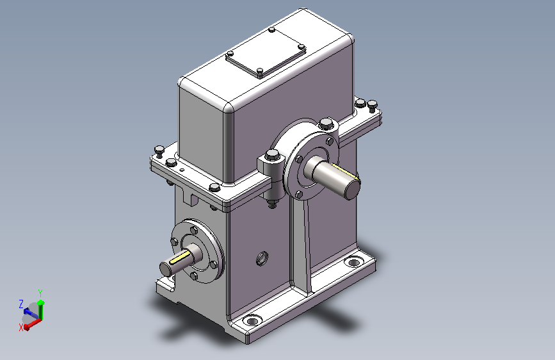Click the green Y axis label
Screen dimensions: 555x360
coord(40,293)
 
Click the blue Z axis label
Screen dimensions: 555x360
coord(21,304)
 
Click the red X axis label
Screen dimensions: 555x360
coord(21,328)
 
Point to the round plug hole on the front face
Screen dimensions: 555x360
coord(262,258)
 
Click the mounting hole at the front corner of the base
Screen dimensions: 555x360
coord(252,321)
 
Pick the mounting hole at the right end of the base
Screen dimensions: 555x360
coord(353,263)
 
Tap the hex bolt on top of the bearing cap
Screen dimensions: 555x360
coord(326,124)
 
